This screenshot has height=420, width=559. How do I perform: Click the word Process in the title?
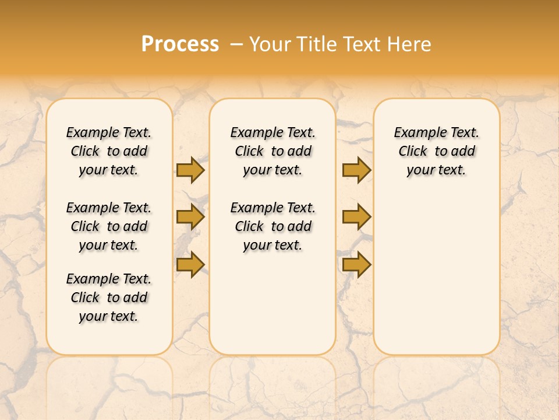coord(180,44)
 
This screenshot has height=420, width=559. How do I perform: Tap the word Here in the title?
coord(409,44)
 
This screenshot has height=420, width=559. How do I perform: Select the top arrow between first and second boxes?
coord(190,170)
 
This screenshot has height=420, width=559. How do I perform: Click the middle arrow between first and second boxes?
coord(190,217)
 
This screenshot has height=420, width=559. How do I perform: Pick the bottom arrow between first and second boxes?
coord(190,264)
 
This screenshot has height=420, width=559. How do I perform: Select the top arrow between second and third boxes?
coord(356,170)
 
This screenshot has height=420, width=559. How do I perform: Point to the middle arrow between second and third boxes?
coord(356,217)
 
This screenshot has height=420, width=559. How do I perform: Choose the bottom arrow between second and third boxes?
coord(356,264)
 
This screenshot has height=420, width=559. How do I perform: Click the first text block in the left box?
coord(109,151)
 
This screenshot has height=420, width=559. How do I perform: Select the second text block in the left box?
coord(109,226)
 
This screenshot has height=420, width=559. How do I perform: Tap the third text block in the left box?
coord(109,297)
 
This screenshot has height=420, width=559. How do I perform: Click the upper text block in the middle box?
coord(273,151)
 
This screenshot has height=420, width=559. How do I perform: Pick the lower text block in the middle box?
coord(273,226)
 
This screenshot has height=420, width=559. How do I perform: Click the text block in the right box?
coord(437,151)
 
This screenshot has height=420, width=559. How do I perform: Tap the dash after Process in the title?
coord(236,45)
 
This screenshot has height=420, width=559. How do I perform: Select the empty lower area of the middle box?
coord(273,303)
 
